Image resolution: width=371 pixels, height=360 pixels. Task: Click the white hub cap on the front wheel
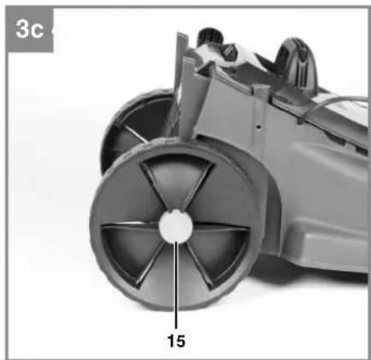[x=176, y=227]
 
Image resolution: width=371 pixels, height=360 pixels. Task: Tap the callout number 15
[x=176, y=341]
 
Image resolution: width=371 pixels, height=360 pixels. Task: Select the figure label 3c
[x=30, y=29]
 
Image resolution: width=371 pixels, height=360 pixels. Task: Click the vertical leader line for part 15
[x=176, y=284]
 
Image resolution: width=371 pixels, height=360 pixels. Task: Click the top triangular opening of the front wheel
[x=177, y=179]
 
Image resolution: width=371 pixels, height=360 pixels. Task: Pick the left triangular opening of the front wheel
[x=131, y=247]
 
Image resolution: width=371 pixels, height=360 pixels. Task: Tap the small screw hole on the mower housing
[x=259, y=127]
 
